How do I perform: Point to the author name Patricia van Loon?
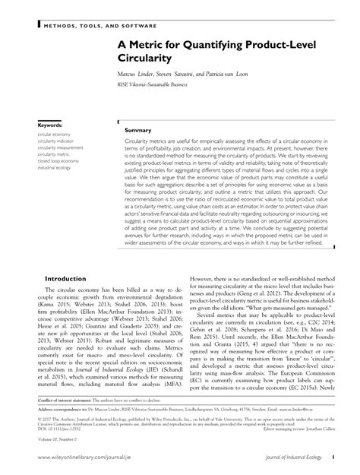[x=247, y=74]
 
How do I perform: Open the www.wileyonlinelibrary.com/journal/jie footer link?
[x=95, y=459]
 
